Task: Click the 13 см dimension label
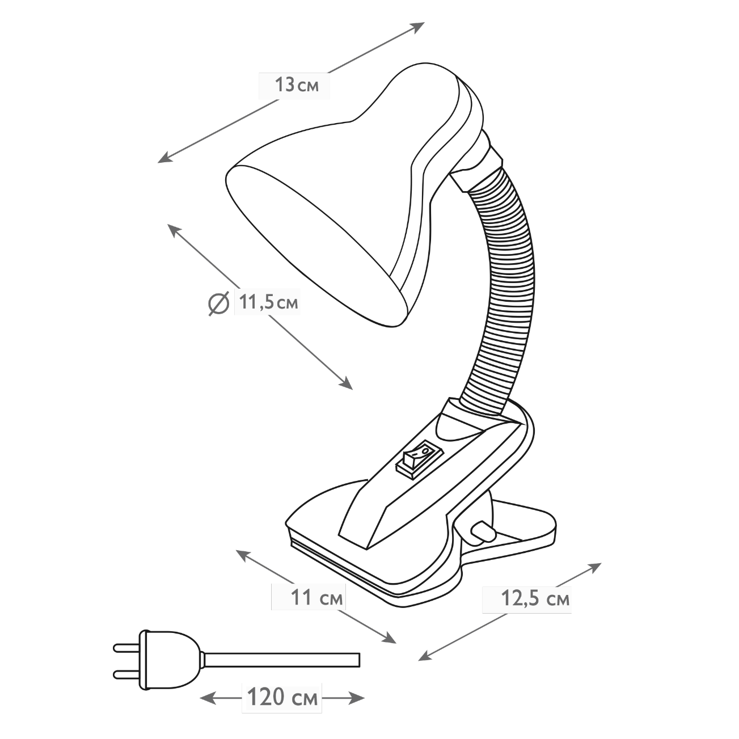point(297,85)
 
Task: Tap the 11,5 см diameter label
point(268,303)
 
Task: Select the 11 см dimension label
point(317,597)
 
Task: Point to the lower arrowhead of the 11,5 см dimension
point(346,384)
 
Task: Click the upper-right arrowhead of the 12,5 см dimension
point(594,567)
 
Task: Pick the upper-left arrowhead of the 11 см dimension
point(243,555)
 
